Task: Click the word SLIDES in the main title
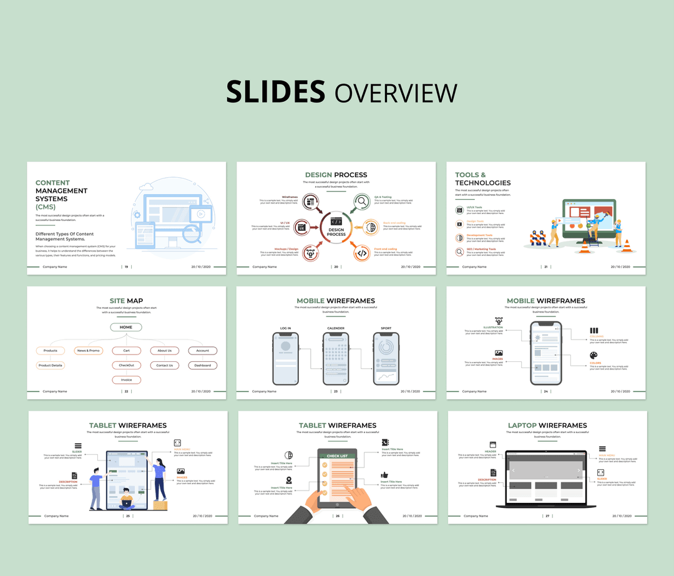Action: (275, 92)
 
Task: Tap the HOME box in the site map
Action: (126, 327)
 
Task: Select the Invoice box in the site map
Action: (127, 379)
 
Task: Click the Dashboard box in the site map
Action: (202, 365)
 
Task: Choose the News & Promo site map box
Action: (89, 351)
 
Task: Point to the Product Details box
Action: (51, 365)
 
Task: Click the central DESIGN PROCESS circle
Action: (336, 227)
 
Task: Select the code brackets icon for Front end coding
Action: (361, 253)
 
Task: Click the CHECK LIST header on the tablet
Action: (337, 456)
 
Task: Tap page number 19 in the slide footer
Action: (127, 266)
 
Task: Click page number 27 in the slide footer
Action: (547, 516)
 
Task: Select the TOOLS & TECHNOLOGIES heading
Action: (482, 178)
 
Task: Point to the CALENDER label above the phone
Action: (336, 328)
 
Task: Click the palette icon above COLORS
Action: (594, 355)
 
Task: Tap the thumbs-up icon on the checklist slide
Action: (384, 475)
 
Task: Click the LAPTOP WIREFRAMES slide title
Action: (547, 426)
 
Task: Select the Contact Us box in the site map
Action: (165, 365)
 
